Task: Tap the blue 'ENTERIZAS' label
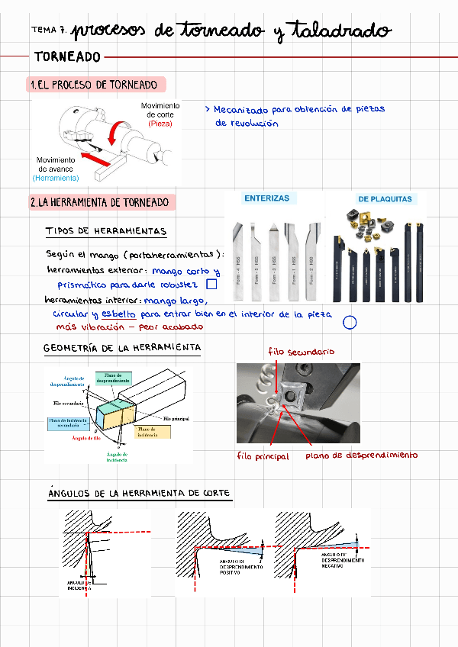(x=266, y=198)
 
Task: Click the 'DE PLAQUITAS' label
(x=385, y=199)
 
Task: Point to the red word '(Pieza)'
(x=160, y=124)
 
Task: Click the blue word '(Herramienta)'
(x=56, y=178)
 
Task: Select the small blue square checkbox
(x=213, y=285)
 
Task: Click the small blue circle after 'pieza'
(x=350, y=322)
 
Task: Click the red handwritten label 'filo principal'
(x=263, y=456)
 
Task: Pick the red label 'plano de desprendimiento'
(x=362, y=455)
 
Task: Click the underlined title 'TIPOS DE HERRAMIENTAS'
(x=105, y=231)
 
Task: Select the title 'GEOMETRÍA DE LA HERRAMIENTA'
(x=122, y=348)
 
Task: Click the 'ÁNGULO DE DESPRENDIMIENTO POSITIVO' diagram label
(x=241, y=568)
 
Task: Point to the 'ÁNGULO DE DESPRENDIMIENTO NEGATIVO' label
(x=343, y=560)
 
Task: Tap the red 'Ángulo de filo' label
(x=86, y=438)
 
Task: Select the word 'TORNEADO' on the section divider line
(x=67, y=57)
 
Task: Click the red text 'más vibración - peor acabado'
(x=129, y=327)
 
